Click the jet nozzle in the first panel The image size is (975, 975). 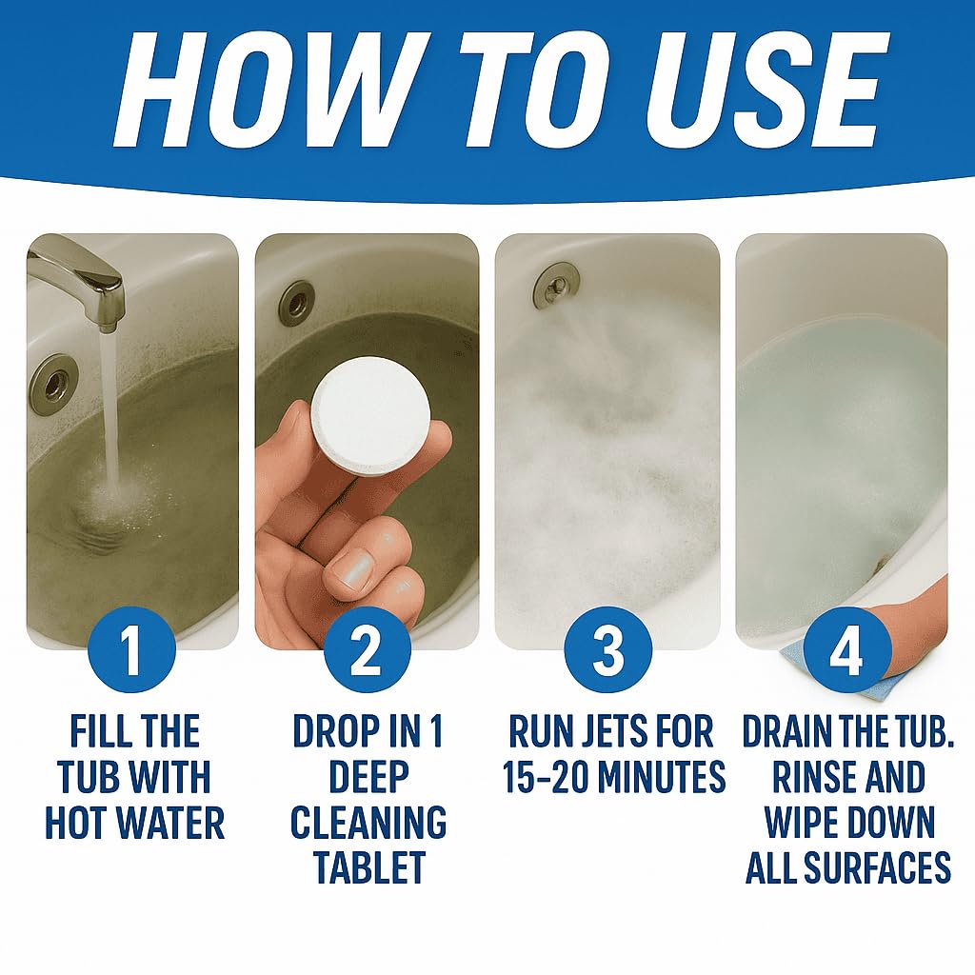pos(53,384)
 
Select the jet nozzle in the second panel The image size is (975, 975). pos(297,303)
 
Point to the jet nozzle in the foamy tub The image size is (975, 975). pos(554,285)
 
